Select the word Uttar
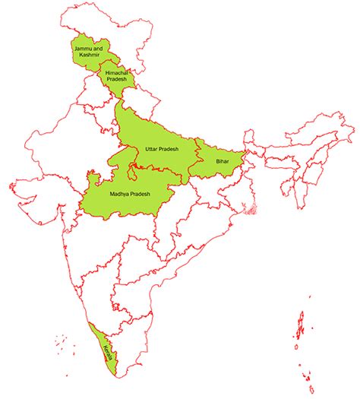[150, 149]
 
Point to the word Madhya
[119, 195]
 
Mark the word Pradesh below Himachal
[116, 80]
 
